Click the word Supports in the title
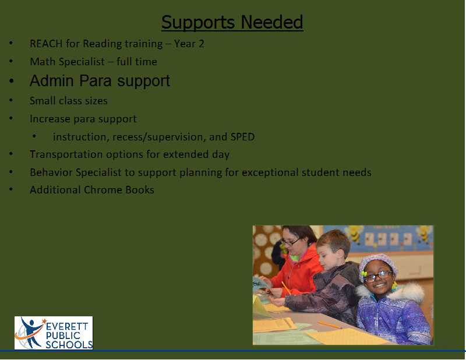click(x=198, y=23)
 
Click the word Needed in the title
click(x=272, y=22)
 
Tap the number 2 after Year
click(x=201, y=44)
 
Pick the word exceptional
click(x=270, y=172)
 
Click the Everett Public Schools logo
click(x=54, y=333)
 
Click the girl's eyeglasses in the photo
click(x=377, y=276)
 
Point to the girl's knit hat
click(x=377, y=264)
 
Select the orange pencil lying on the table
click(x=329, y=325)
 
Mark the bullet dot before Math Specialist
click(x=11, y=61)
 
